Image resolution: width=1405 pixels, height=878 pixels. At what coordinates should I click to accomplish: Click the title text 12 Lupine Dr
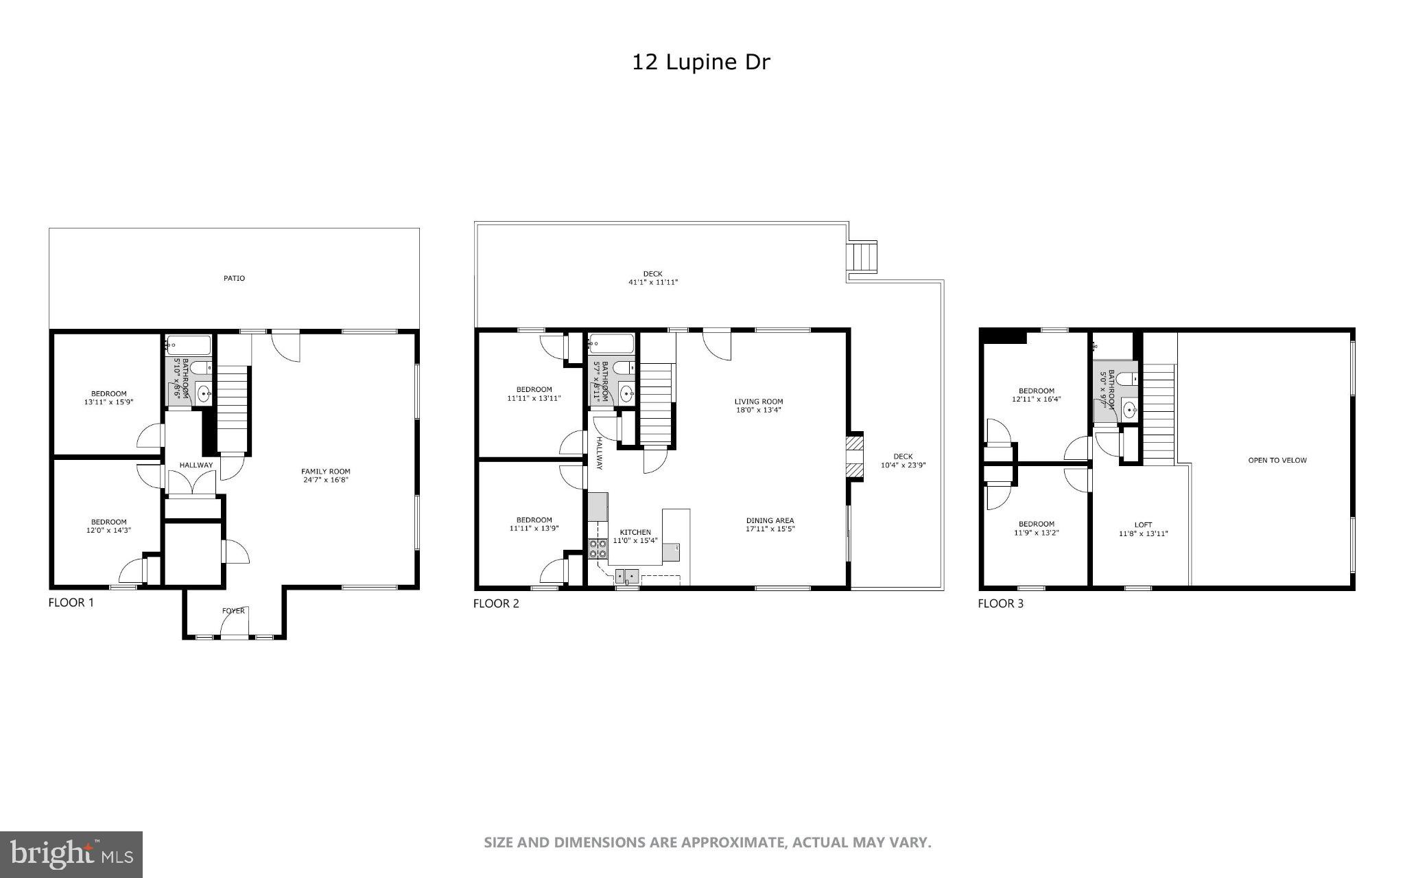(700, 62)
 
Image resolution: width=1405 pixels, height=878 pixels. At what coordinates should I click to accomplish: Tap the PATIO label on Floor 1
(234, 278)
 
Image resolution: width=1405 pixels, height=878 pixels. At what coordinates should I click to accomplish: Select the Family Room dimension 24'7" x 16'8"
(326, 480)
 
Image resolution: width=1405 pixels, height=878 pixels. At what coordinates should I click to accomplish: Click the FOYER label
(233, 610)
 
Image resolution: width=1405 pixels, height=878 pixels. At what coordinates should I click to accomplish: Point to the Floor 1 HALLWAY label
(196, 465)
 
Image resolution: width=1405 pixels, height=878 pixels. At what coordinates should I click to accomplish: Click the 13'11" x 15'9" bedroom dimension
(108, 402)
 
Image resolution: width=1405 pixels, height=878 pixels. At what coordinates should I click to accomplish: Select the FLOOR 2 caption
(496, 603)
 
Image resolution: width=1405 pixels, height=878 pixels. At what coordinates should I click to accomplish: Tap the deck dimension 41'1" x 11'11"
(653, 282)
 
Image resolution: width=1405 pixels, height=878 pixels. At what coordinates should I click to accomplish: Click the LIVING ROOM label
(758, 402)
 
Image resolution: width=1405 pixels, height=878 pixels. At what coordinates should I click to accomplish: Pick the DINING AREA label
(770, 520)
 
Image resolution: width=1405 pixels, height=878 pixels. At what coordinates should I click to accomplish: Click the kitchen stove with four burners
(598, 548)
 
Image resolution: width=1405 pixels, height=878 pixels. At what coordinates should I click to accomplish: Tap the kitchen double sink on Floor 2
(627, 575)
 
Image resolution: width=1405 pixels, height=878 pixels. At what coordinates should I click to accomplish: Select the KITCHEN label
(635, 532)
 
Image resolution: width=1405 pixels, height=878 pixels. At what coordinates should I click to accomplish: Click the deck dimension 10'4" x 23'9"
(903, 465)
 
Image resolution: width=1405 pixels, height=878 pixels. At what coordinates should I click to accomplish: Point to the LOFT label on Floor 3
(1143, 524)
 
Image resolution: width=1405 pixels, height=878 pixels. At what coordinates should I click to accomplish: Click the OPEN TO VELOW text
(1277, 460)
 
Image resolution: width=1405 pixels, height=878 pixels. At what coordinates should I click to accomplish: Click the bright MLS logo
(71, 854)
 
